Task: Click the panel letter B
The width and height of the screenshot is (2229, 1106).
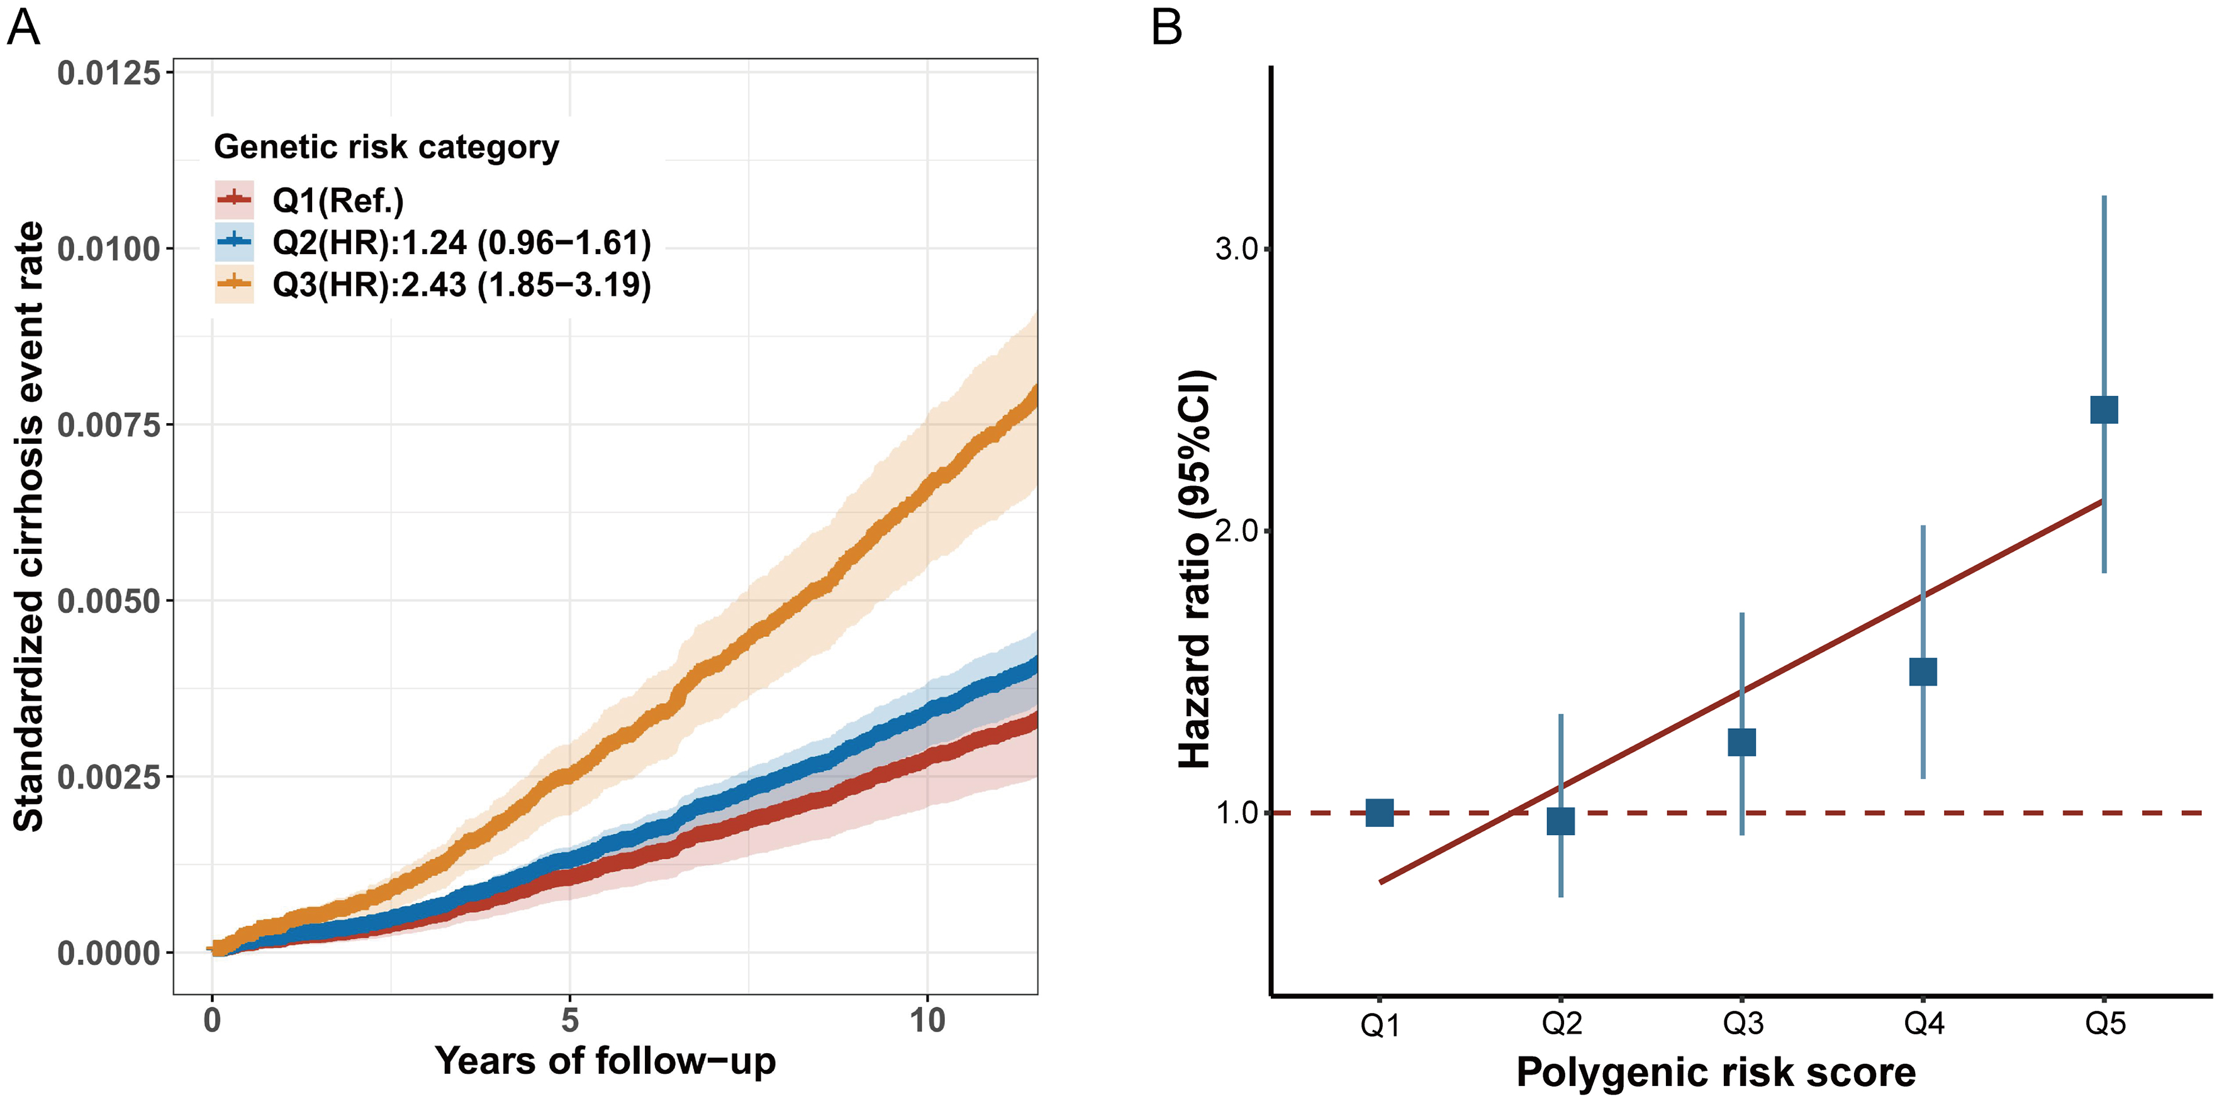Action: tap(1166, 28)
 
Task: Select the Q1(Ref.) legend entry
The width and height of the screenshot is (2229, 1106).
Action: tap(337, 201)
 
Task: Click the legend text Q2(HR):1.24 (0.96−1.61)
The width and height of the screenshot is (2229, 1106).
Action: tap(461, 243)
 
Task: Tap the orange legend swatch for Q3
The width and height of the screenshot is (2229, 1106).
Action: tap(233, 284)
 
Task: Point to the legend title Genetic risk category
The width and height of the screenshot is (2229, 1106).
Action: tap(386, 147)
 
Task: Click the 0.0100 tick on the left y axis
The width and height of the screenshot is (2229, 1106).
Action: tap(109, 249)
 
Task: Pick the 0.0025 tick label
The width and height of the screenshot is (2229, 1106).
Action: tap(109, 777)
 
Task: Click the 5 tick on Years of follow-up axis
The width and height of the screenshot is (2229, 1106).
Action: tap(569, 1020)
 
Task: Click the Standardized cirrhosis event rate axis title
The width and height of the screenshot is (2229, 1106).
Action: tap(30, 526)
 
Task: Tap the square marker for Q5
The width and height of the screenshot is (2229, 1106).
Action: tap(2104, 409)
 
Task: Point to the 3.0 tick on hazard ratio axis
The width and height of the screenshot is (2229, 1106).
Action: tap(1236, 249)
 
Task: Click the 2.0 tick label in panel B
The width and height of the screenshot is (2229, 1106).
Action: tap(1236, 530)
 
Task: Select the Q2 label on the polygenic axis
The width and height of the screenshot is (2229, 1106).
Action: tap(1561, 1024)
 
